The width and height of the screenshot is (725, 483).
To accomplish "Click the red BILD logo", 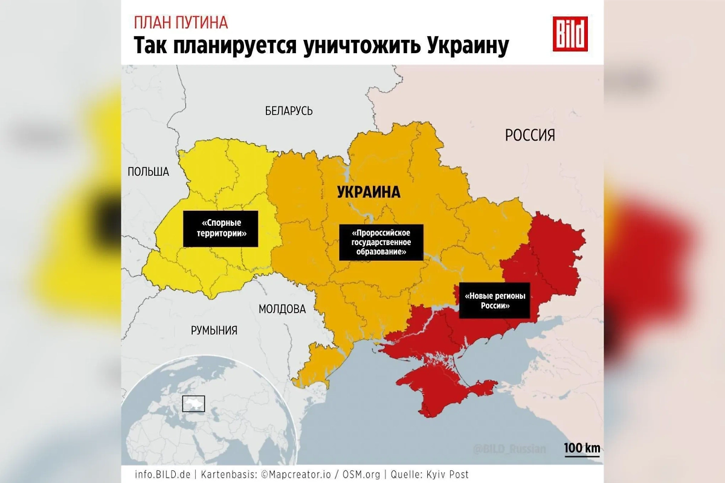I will tap(570, 34).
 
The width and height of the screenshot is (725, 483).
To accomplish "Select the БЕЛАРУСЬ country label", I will tap(289, 111).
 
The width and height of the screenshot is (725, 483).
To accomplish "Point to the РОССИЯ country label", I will tap(530, 135).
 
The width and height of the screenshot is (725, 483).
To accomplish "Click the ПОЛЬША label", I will tap(148, 172).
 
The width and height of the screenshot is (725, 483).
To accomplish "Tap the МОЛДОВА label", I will tap(282, 309).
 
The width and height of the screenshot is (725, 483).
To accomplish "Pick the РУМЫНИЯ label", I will tap(214, 330).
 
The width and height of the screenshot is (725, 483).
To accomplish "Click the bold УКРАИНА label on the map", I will tap(369, 193).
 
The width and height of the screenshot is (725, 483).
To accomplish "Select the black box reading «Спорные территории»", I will tap(221, 229).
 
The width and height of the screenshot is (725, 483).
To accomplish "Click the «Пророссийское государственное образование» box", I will tap(381, 242).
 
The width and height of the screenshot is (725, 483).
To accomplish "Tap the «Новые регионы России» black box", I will tap(495, 301).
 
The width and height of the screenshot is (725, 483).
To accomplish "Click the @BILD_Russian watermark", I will tap(509, 449).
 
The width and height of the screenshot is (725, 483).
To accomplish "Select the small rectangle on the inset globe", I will tap(194, 403).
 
